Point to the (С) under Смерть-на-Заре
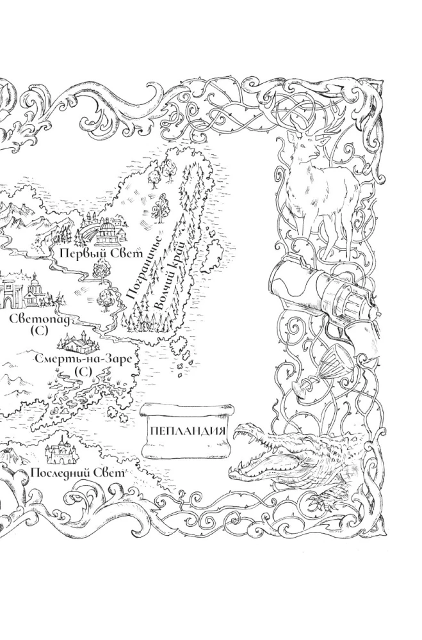pyautogui.click(x=83, y=372)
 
